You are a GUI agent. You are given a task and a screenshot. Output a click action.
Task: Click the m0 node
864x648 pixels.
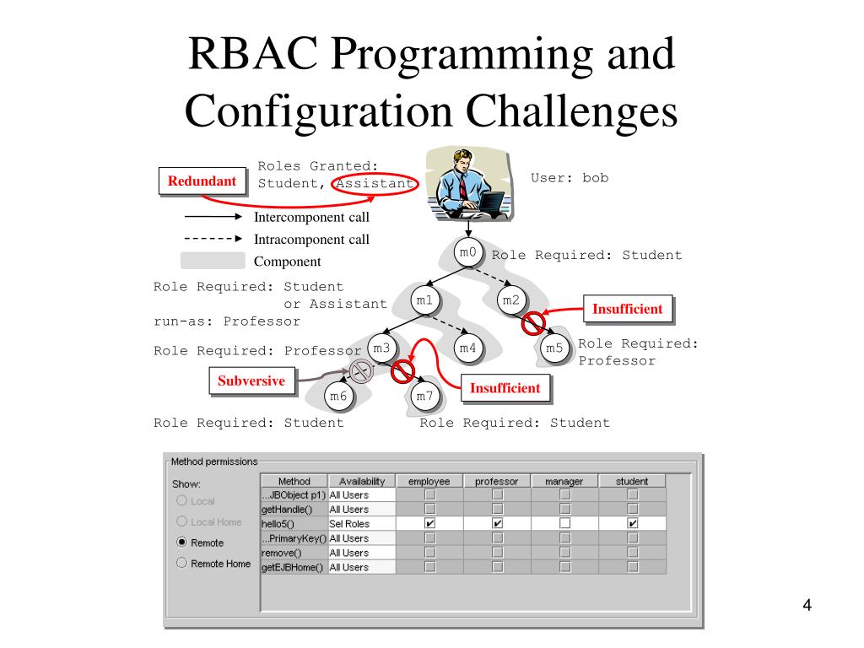467,252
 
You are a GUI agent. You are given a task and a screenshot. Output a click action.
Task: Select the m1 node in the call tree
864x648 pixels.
424,300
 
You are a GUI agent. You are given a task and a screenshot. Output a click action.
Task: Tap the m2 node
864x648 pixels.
511,300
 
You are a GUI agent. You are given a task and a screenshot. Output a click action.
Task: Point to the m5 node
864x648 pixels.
553,348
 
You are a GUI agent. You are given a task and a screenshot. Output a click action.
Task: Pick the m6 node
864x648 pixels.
338,396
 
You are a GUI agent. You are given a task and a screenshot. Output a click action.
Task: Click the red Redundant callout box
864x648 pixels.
202,181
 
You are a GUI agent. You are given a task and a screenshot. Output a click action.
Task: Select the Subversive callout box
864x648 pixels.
251,381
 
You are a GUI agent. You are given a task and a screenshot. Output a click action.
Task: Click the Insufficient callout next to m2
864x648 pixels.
627,309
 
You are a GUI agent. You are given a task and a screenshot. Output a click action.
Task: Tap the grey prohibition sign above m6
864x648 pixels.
361,370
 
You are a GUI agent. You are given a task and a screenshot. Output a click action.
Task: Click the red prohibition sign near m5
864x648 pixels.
532,322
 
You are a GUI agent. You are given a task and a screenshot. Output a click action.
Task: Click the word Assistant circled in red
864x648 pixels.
375,183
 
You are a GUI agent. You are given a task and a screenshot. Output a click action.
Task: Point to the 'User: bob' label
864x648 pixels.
570,178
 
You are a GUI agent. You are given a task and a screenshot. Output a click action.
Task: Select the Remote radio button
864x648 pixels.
181,543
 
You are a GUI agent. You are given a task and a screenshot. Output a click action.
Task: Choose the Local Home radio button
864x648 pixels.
181,521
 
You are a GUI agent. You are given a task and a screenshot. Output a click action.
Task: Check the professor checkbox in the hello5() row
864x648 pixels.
498,523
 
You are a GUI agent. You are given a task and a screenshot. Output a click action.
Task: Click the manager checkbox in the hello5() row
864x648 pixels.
564,523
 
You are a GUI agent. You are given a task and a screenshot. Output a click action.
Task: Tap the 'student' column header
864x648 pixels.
632,481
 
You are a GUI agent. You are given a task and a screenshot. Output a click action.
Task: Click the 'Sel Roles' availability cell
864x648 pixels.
360,523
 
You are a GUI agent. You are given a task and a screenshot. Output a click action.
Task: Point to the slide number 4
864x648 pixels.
807,606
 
